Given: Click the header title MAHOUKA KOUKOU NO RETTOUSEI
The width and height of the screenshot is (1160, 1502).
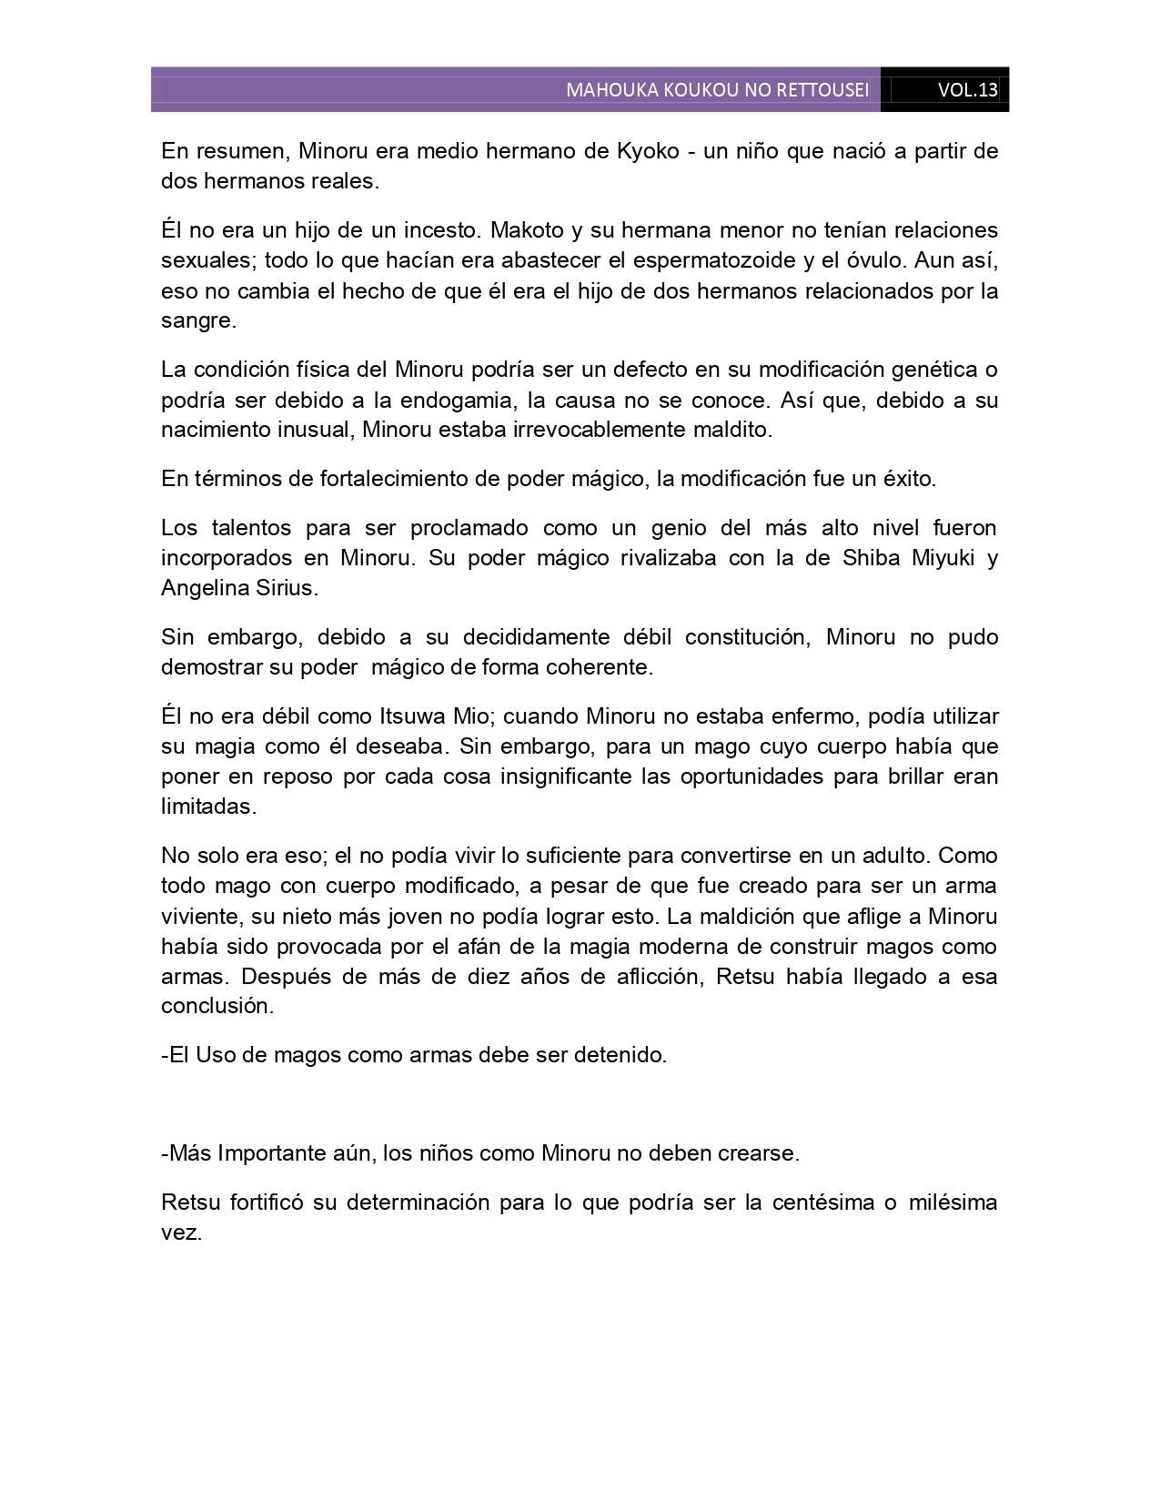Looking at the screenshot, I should coord(717,90).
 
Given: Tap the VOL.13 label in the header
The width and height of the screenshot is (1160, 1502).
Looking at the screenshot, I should coord(967,90).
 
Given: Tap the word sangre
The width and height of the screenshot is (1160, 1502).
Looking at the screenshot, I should coord(197,320).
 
